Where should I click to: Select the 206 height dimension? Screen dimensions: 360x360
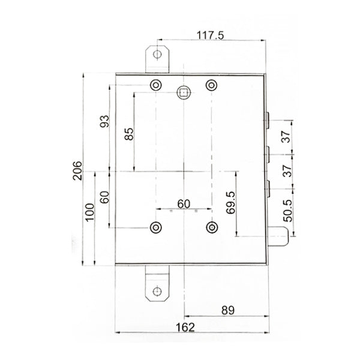[x=77, y=172]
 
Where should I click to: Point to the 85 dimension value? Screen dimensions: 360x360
[x=128, y=134]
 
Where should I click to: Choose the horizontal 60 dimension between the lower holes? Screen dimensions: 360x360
[x=184, y=203]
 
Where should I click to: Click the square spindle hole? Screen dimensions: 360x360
[x=184, y=92]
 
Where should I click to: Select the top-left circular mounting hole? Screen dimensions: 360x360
[x=156, y=85]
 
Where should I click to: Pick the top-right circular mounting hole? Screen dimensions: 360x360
[x=211, y=85]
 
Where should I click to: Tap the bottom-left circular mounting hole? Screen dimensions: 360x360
[x=156, y=227]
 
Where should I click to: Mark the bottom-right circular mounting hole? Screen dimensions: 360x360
[x=211, y=227]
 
